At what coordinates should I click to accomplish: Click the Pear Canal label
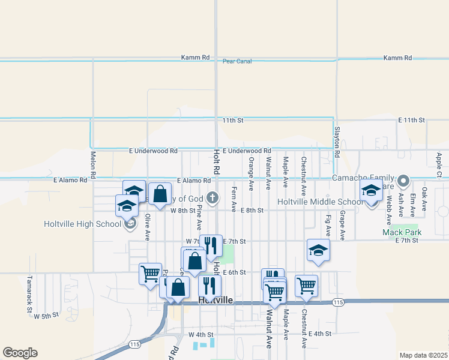point(237,61)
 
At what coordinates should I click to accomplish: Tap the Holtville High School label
point(82,224)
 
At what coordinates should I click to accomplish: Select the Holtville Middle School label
point(319,202)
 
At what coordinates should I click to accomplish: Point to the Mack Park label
point(402,232)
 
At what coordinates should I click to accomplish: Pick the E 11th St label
point(411,120)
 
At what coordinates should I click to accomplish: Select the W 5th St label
point(46,315)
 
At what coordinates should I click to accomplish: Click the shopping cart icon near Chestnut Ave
point(306,286)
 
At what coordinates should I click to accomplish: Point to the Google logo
point(20,353)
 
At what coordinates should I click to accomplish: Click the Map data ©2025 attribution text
point(423,355)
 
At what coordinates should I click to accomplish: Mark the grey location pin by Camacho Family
point(403,180)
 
